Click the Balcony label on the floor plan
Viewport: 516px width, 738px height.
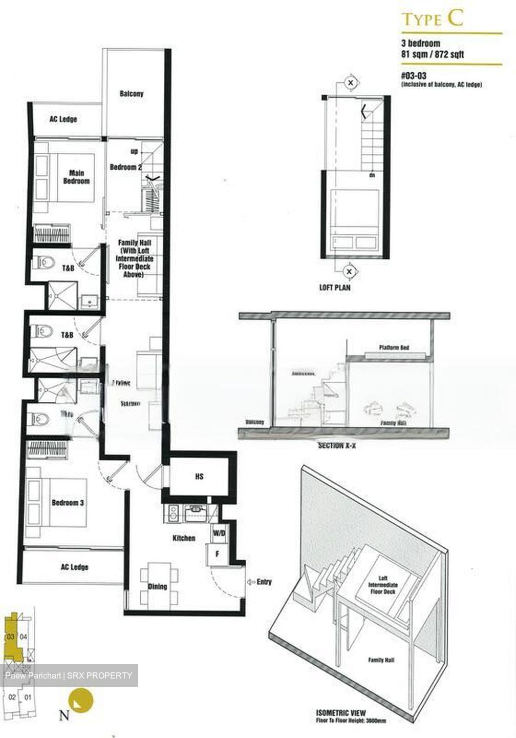pyautogui.click(x=132, y=94)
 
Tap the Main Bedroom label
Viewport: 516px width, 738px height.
pyautogui.click(x=76, y=177)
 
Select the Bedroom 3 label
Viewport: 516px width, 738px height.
pyautogui.click(x=68, y=503)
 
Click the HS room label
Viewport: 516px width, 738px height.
pyautogui.click(x=199, y=477)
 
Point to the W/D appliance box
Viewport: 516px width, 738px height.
pyautogui.click(x=218, y=533)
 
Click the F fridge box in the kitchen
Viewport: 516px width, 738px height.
pyautogui.click(x=217, y=554)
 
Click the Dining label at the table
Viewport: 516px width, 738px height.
pyautogui.click(x=157, y=586)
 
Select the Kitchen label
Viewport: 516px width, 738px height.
pyautogui.click(x=184, y=539)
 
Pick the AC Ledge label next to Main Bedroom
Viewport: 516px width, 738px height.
pyautogui.click(x=63, y=119)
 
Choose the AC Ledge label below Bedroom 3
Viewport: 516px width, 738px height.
pyautogui.click(x=74, y=567)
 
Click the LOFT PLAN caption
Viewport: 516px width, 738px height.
pyautogui.click(x=335, y=288)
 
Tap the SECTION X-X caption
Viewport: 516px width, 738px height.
pyautogui.click(x=337, y=446)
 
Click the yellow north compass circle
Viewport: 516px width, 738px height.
pyautogui.click(x=82, y=700)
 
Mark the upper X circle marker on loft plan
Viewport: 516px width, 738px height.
pyautogui.click(x=351, y=81)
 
